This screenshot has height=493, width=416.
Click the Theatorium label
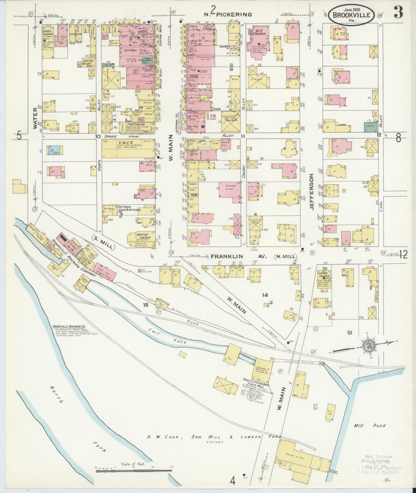coord(137,124)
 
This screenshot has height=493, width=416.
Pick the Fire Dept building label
coord(230,120)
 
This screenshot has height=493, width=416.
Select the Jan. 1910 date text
coord(352,10)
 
